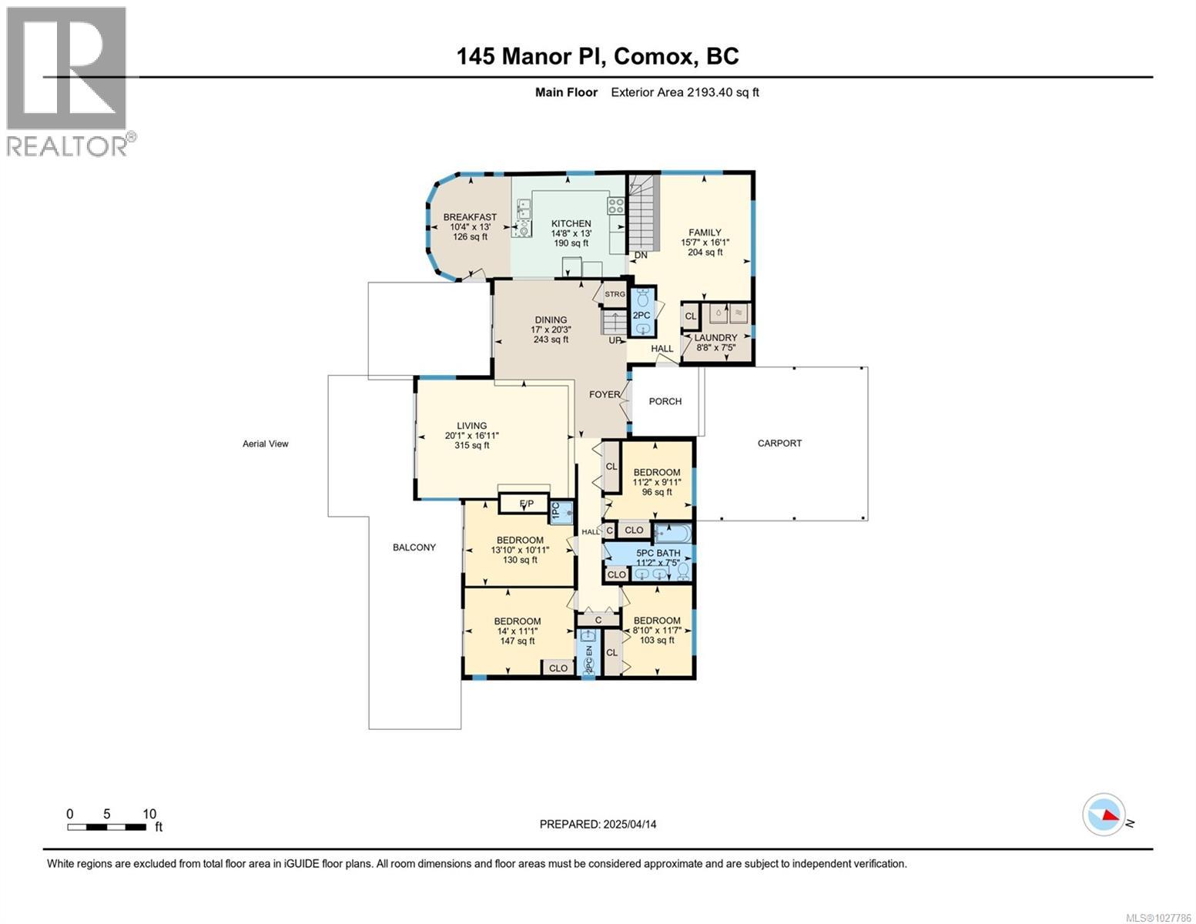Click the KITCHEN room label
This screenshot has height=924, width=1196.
pos(571,224)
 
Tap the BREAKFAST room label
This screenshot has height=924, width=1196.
pos(470,218)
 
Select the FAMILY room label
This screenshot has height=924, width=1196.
pos(705,233)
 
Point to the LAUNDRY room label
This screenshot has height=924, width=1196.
pos(715,338)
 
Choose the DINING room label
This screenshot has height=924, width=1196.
pos(551,320)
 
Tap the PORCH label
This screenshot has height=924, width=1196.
pos(665,401)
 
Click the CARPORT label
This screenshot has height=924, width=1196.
pos(779,444)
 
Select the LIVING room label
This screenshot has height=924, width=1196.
pos(471,426)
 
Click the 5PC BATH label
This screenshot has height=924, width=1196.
pos(658,553)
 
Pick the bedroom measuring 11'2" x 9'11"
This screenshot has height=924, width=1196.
pos(656,482)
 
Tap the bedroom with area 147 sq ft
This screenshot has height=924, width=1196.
pos(517,631)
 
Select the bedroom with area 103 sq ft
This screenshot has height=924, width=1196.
pos(656,630)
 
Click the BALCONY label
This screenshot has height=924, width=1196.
pos(414,547)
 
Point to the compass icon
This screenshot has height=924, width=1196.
pos(1103,815)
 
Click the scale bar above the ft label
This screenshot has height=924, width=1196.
pos(106,827)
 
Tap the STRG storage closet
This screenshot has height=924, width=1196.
pos(615,294)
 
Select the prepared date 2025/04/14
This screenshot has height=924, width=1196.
pos(598,824)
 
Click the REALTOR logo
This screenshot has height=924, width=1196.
pos(68,81)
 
